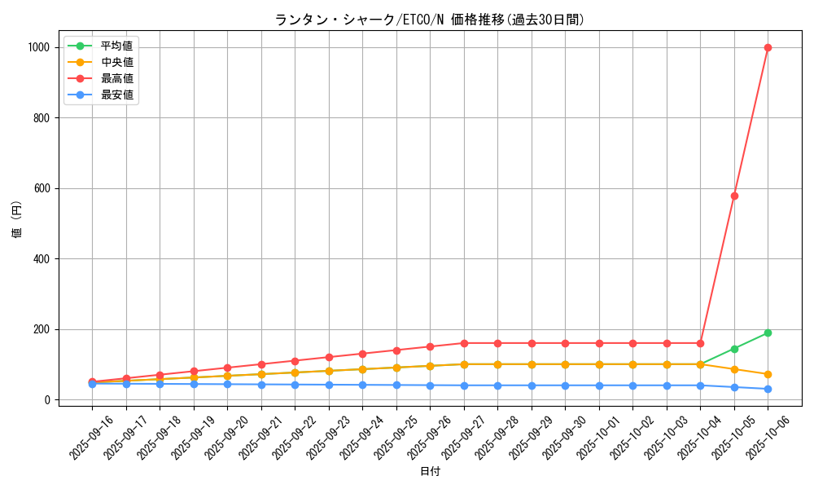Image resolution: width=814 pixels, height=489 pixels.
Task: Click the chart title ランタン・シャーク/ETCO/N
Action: click(x=430, y=20)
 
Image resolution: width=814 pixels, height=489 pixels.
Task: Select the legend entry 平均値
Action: click(x=116, y=46)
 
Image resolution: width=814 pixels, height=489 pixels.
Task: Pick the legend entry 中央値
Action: click(x=116, y=62)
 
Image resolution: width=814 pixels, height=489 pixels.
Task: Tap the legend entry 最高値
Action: click(x=116, y=78)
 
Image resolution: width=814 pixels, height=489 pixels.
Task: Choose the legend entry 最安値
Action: click(x=116, y=95)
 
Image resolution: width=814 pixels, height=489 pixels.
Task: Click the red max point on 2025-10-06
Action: click(x=768, y=47)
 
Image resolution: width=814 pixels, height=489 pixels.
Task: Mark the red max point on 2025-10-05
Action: click(x=734, y=196)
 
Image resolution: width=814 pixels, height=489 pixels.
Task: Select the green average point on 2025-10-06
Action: click(x=768, y=333)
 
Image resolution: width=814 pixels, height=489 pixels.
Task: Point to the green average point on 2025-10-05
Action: click(x=734, y=349)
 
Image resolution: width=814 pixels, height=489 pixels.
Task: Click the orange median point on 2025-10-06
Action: click(x=768, y=374)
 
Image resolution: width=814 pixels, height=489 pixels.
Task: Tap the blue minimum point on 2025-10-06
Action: click(x=768, y=389)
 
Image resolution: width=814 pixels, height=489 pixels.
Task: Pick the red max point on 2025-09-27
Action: click(x=464, y=343)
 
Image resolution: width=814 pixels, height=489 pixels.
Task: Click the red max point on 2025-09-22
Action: click(x=295, y=361)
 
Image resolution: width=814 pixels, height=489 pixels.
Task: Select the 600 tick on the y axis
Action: click(x=42, y=188)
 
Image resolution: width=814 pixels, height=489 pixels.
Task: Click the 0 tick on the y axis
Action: click(x=49, y=400)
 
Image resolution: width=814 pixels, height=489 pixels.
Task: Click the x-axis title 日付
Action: click(x=430, y=472)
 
